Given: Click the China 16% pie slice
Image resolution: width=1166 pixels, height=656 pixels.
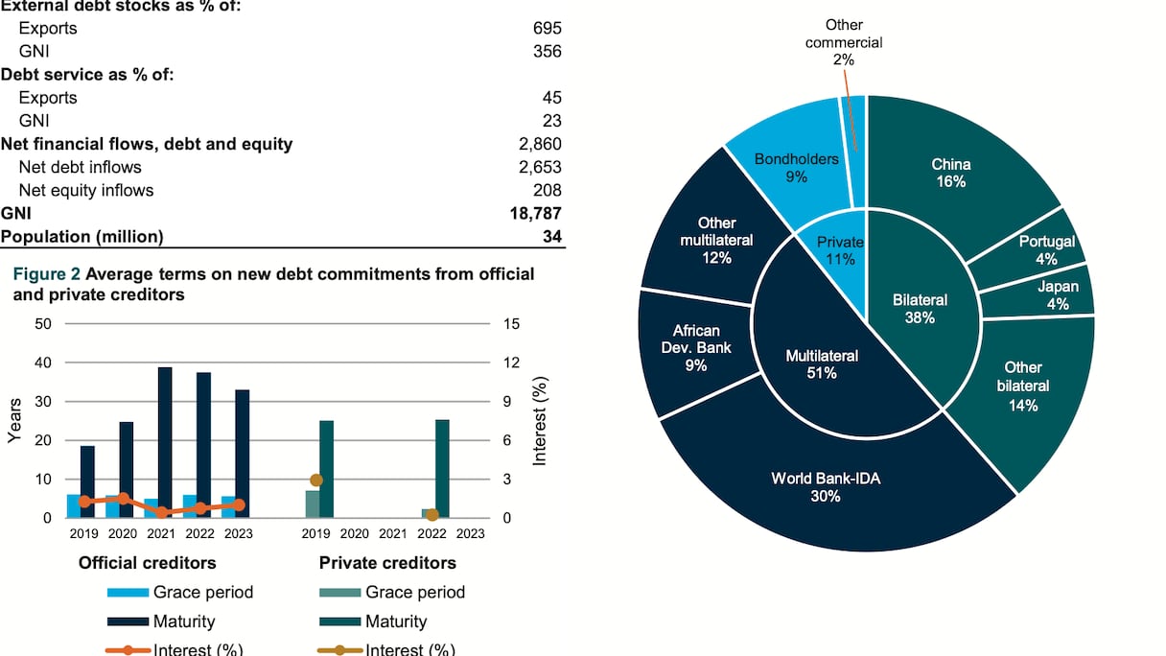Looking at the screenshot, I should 949,173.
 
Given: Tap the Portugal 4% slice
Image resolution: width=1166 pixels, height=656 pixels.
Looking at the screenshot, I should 1046,250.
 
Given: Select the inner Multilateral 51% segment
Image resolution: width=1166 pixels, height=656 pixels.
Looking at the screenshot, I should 822,364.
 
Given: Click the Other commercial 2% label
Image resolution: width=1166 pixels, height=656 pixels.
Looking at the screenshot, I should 844,42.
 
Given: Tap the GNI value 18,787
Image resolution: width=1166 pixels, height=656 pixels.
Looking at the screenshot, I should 533,213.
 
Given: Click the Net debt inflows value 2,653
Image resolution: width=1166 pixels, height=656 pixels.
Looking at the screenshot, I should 539,167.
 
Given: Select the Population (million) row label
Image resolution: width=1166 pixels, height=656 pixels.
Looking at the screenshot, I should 82,236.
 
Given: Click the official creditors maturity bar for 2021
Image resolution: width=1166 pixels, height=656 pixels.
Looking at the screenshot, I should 165,442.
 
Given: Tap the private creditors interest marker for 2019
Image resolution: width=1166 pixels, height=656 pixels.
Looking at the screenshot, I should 316,480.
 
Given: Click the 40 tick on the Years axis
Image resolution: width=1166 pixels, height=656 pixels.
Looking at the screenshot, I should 43,363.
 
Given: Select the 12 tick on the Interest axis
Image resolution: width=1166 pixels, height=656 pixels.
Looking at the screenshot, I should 511,363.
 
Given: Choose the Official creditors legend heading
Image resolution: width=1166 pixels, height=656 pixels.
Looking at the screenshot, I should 147,563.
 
